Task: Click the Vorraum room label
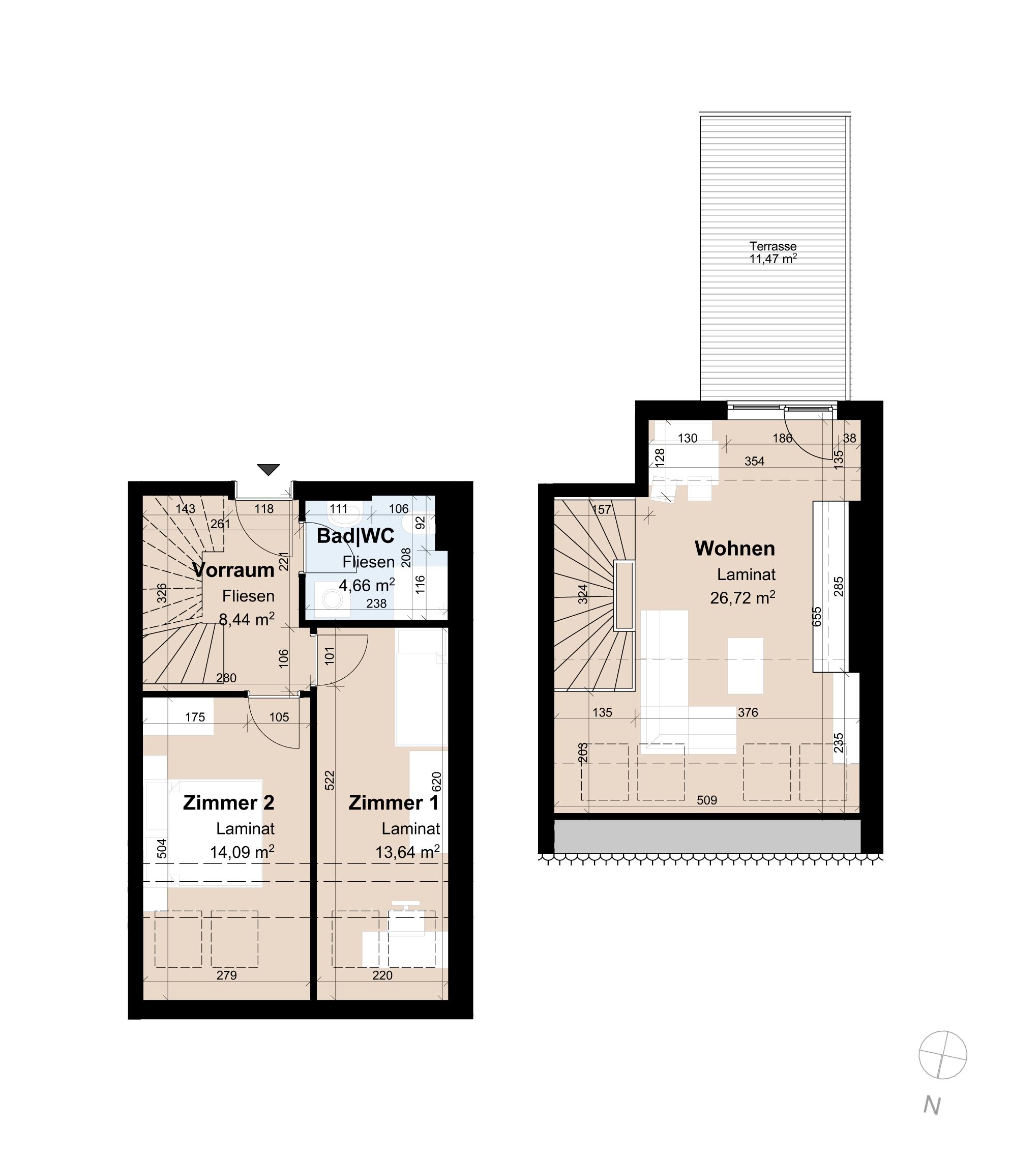(233, 570)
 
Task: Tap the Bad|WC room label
(355, 536)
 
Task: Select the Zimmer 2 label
(228, 803)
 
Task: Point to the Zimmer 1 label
(394, 803)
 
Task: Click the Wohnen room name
(734, 548)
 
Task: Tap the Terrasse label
(773, 246)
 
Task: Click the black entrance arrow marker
(269, 469)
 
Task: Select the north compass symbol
(942, 1055)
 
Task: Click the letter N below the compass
(932, 1106)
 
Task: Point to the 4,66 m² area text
(366, 585)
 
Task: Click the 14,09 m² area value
(242, 851)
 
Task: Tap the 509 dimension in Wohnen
(706, 800)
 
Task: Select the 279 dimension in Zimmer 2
(227, 975)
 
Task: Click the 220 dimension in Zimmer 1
(382, 975)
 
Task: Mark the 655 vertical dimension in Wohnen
(817, 616)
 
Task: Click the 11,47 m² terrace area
(773, 259)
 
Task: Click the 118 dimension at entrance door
(264, 508)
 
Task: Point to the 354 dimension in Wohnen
(754, 461)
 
